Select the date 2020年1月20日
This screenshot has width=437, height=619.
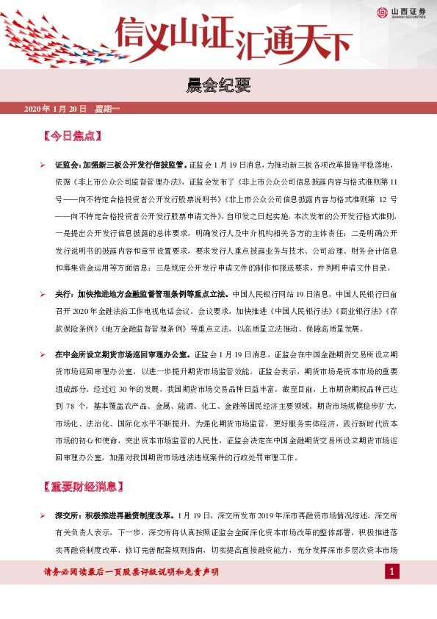(56, 110)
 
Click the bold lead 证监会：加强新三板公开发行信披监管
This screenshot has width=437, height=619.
(120, 166)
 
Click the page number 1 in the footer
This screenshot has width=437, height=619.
(393, 572)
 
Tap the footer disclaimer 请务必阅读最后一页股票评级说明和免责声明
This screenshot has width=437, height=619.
(131, 572)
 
